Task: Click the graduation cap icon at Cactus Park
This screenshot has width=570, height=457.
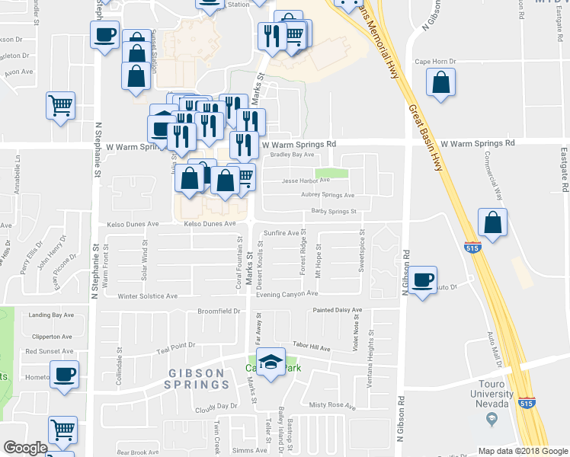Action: [270, 362]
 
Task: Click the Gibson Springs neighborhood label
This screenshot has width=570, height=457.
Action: [197, 379]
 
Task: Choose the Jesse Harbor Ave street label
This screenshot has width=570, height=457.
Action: [305, 181]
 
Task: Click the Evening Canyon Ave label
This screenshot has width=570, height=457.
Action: [287, 295]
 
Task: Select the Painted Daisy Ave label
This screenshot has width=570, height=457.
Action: [338, 310]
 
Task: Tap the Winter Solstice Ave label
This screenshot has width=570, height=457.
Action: [147, 296]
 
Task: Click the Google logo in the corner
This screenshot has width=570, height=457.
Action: [25, 448]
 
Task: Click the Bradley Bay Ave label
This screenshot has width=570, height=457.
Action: [293, 155]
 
